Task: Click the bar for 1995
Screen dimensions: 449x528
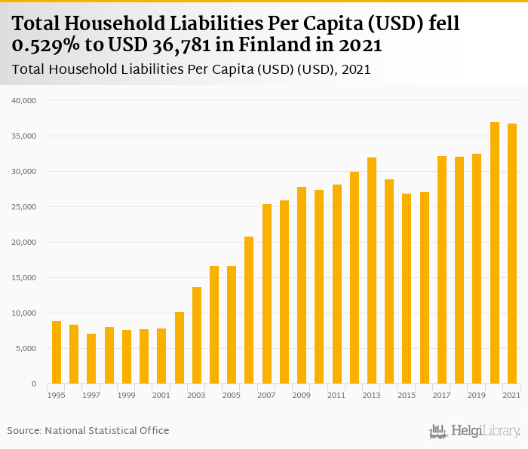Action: coord(57,353)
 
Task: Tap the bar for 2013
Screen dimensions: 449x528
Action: coord(372,270)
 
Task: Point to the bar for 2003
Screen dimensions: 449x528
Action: coord(197,335)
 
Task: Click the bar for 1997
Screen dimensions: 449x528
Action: coord(91,359)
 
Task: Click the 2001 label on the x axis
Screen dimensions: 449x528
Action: coord(161,395)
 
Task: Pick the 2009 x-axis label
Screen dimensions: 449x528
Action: coord(302,395)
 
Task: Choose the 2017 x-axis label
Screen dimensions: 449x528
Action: coord(442,395)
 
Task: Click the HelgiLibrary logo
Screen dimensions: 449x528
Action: coord(475,431)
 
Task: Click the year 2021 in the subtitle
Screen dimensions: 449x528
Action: coord(356,70)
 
